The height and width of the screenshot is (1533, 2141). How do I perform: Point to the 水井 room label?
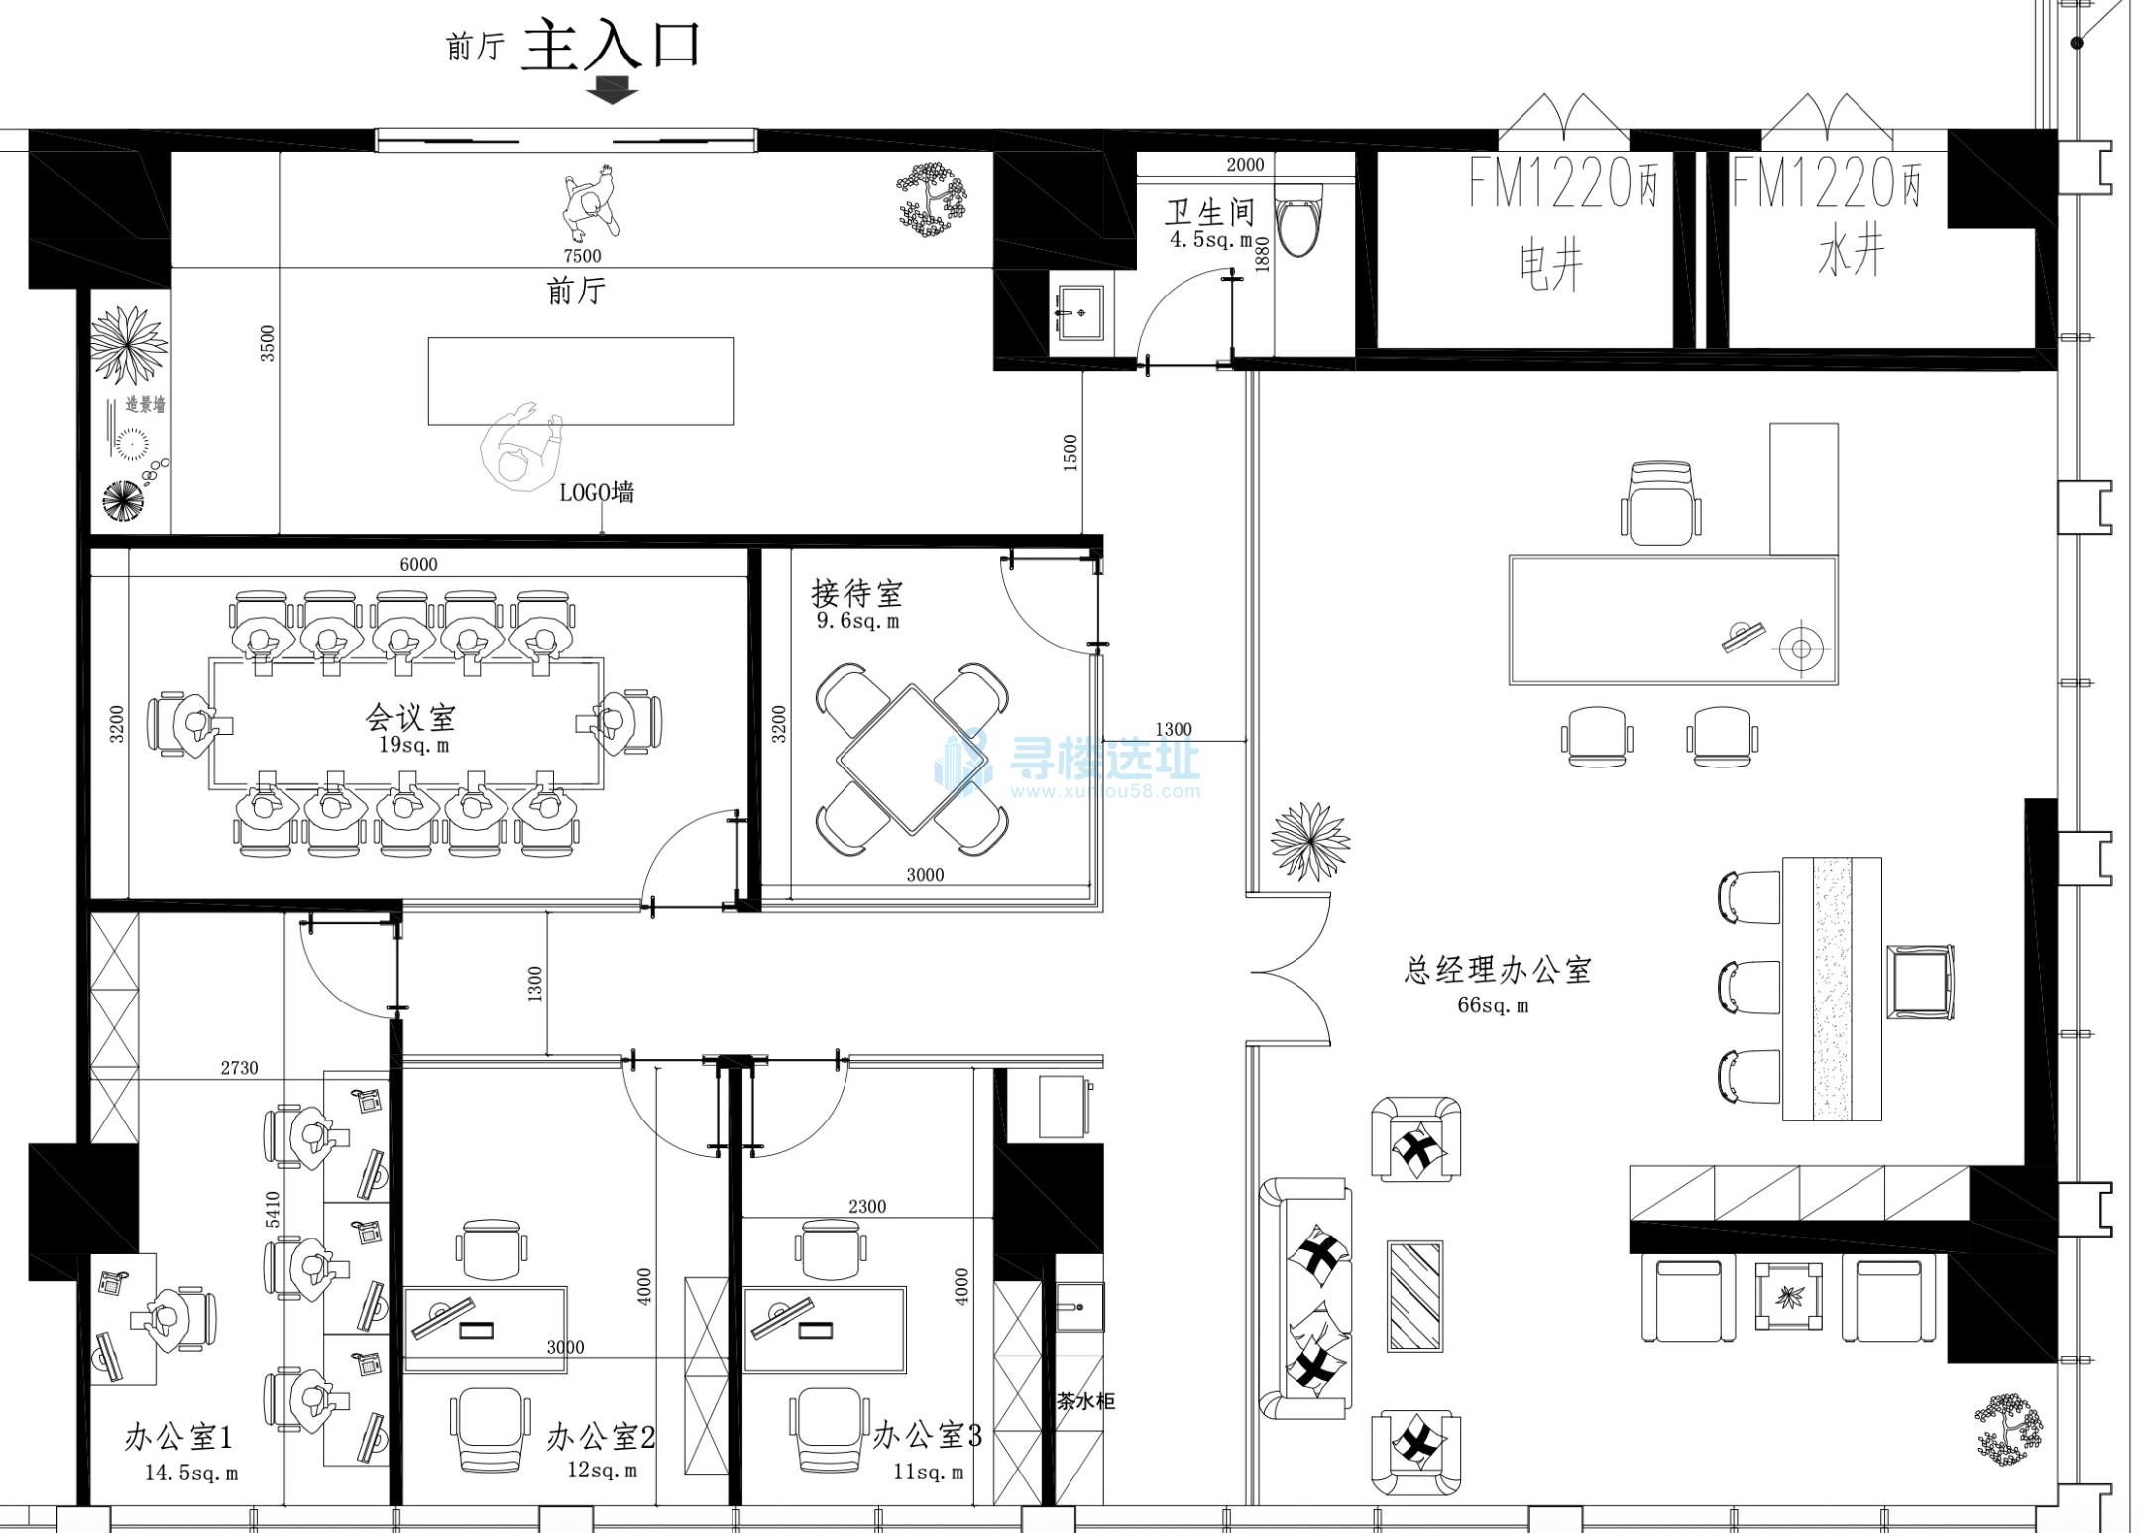coord(1850,252)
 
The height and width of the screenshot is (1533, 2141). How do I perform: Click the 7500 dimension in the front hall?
coord(583,256)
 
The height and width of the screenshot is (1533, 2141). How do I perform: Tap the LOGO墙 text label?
coord(597,492)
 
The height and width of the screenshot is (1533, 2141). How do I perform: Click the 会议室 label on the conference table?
coord(410,716)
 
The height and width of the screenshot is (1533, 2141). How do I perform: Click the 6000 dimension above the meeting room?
coord(418,564)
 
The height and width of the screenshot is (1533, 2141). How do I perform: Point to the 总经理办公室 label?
coord(1498,970)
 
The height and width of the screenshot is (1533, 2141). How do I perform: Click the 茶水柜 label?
coord(1085,1401)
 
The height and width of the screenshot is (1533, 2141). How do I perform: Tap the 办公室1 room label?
coord(178,1437)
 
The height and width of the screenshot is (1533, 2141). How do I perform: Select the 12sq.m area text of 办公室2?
coord(602,1470)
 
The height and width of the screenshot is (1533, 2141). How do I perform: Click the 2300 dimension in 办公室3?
coord(867,1207)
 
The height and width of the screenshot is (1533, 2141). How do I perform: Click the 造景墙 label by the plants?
coord(145,405)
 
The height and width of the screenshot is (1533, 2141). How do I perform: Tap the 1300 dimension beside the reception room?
coord(1174,729)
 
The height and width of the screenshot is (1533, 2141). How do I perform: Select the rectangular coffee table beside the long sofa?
coord(1414,1295)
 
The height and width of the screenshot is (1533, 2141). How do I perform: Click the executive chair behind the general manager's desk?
coord(1661,504)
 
